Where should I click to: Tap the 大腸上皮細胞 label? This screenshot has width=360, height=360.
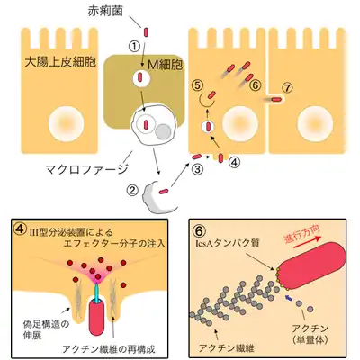pyautogui.click(x=60, y=62)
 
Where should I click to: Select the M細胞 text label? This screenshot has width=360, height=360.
pyautogui.click(x=166, y=65)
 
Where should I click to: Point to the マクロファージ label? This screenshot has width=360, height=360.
pyautogui.click(x=87, y=169)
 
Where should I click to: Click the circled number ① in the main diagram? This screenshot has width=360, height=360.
pyautogui.click(x=135, y=47)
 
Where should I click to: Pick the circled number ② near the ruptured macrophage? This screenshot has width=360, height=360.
pyautogui.click(x=132, y=190)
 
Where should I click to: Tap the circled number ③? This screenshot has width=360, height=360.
pyautogui.click(x=197, y=169)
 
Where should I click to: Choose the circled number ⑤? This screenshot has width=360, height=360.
pyautogui.click(x=197, y=85)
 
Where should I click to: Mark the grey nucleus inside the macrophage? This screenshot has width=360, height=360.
pyautogui.click(x=163, y=132)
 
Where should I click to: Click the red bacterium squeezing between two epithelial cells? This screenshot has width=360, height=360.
pyautogui.click(x=276, y=100)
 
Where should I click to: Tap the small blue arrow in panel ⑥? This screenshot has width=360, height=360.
pyautogui.click(x=289, y=298)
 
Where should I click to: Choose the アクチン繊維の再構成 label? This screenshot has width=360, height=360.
pyautogui.click(x=109, y=349)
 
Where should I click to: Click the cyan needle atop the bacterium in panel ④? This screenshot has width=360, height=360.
pyautogui.click(x=96, y=292)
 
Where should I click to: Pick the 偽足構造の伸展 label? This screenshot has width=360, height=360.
pyautogui.click(x=46, y=330)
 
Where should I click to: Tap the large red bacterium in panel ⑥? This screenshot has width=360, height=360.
pyautogui.click(x=310, y=265)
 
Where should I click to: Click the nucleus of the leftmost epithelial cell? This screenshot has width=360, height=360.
pyautogui.click(x=67, y=124)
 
